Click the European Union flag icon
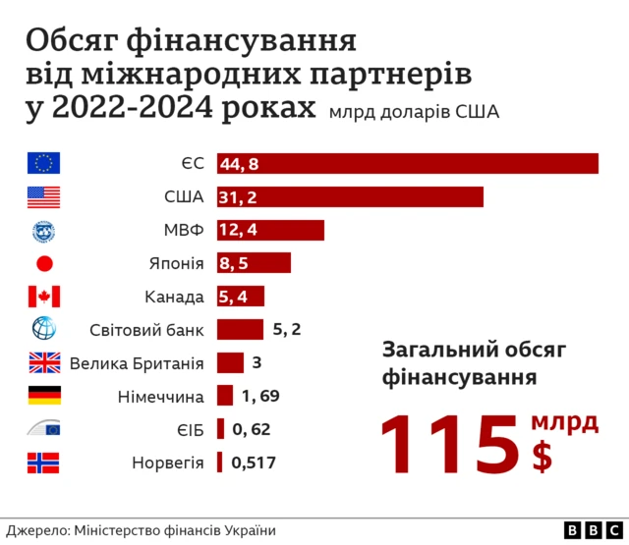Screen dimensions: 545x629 coord(44,163)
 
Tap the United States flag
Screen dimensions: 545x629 coord(44,196)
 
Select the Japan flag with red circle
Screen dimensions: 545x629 coord(44,263)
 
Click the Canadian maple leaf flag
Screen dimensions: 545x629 coord(44,297)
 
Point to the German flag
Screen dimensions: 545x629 coord(44,396)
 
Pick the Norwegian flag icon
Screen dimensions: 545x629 coord(44,463)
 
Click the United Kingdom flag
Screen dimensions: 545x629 coord(44,363)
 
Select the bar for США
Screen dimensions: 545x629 coord(350,196)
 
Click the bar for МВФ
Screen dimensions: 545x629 coord(270,230)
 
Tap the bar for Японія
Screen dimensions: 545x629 coord(254,263)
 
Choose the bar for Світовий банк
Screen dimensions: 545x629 coord(240,329)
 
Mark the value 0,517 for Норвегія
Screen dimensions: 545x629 coord(254,463)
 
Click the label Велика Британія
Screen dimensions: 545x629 coord(136,363)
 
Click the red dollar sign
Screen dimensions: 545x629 coord(542,457)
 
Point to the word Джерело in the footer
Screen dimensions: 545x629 coord(35,529)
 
